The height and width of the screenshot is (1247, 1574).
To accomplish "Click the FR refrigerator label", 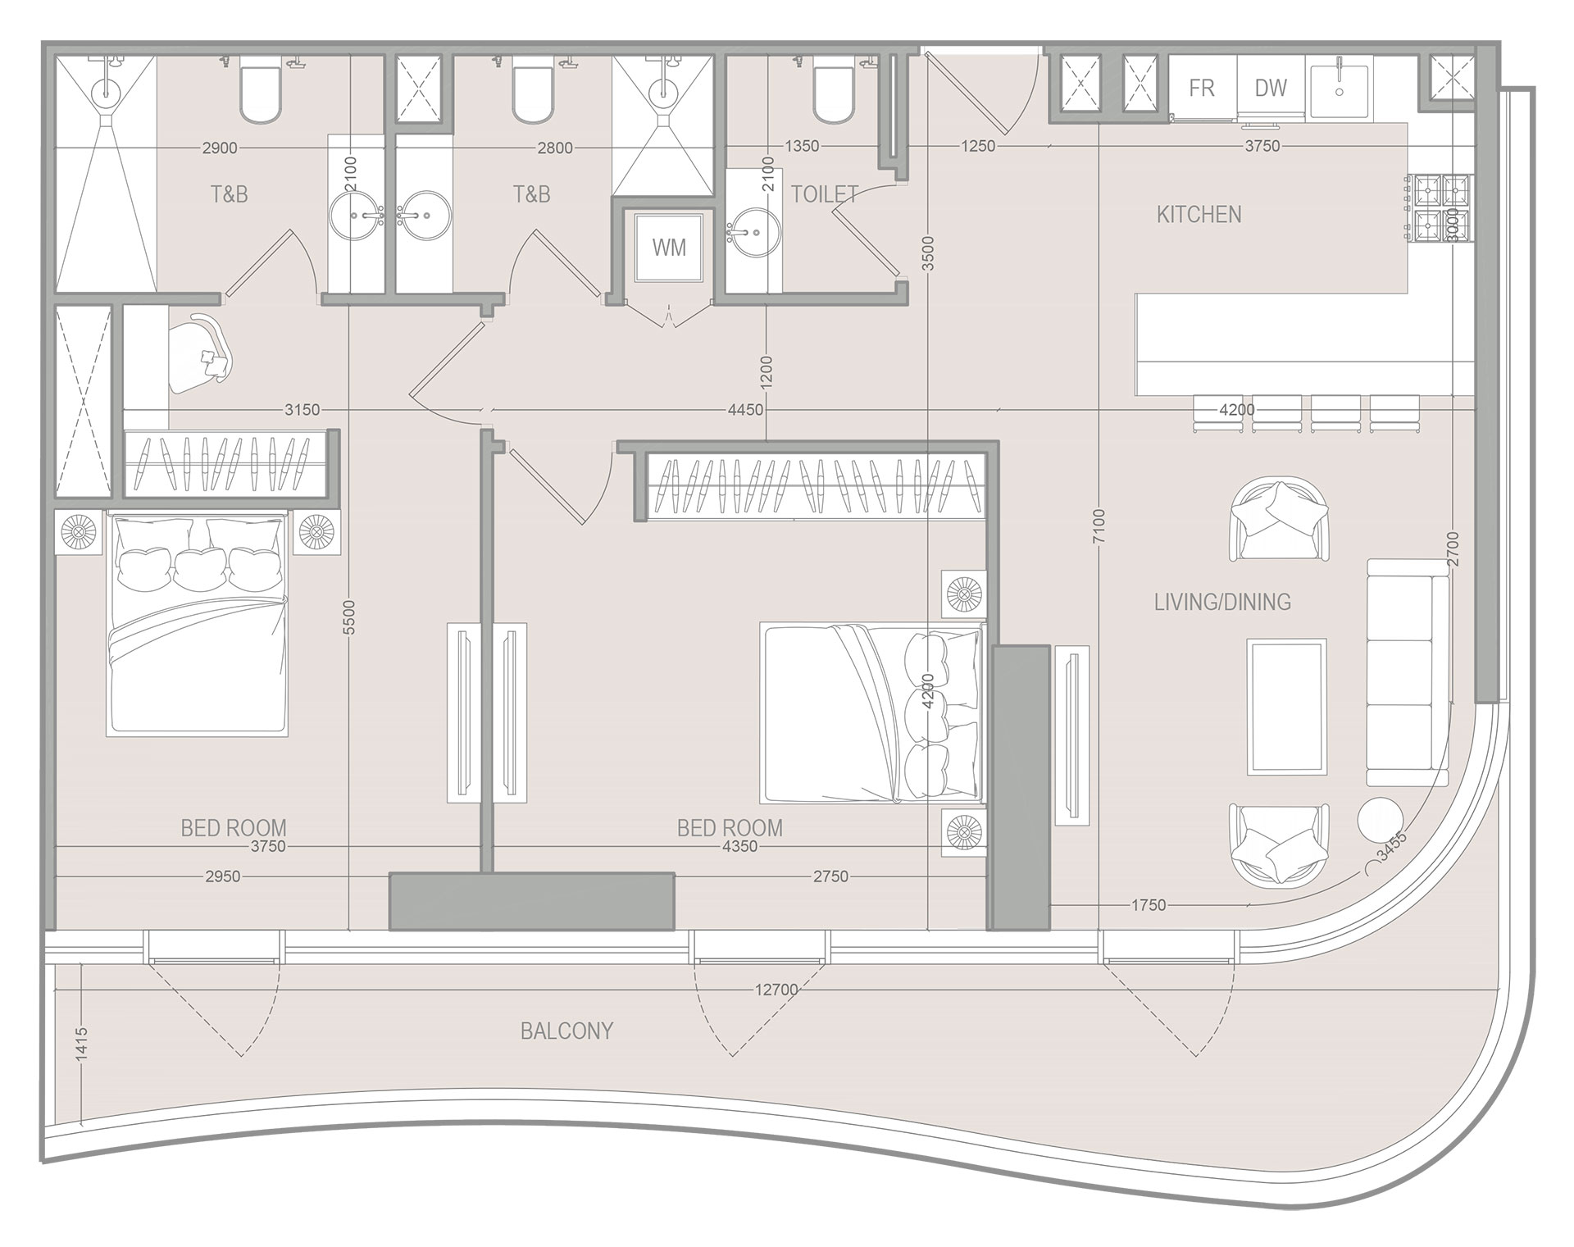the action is pyautogui.click(x=1202, y=88).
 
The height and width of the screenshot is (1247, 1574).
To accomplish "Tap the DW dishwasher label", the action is pyautogui.click(x=1271, y=88).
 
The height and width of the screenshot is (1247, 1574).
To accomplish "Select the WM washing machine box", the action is pyautogui.click(x=669, y=248).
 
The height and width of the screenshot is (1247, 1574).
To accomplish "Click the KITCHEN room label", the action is pyautogui.click(x=1199, y=215).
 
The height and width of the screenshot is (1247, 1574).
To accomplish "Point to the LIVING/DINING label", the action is pyautogui.click(x=1222, y=603).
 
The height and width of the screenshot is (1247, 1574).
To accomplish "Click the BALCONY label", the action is pyautogui.click(x=566, y=1031).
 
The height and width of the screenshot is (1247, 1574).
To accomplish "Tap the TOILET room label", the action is pyautogui.click(x=825, y=194).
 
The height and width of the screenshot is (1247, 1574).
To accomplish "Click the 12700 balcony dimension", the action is pyautogui.click(x=776, y=990).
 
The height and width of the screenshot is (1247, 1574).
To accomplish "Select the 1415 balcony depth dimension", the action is pyautogui.click(x=81, y=1045).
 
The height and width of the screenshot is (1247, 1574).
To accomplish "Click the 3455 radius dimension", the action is pyautogui.click(x=1391, y=847).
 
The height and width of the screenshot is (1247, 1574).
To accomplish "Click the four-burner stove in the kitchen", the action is pyautogui.click(x=1440, y=208).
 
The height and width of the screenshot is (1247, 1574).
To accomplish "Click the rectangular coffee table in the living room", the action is pyautogui.click(x=1286, y=707).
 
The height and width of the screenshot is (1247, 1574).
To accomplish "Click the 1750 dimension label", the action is pyautogui.click(x=1148, y=905).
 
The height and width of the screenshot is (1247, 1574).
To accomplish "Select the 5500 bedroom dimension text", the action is pyautogui.click(x=348, y=617).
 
